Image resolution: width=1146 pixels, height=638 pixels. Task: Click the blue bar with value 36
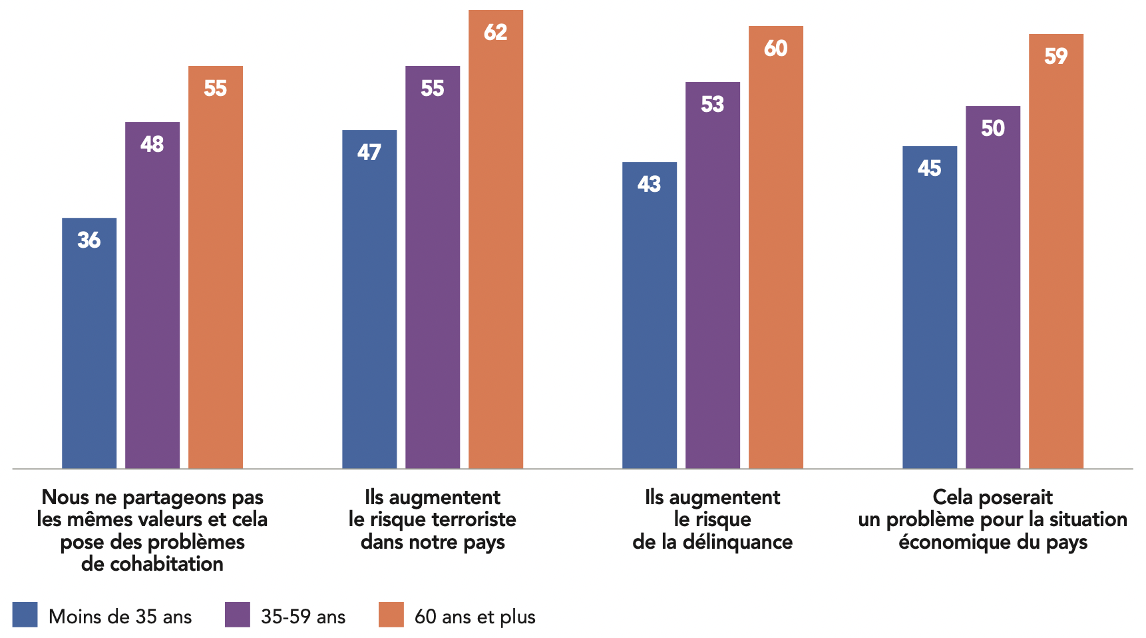pyautogui.click(x=89, y=343)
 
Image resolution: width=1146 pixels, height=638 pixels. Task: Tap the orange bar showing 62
pyautogui.click(x=496, y=240)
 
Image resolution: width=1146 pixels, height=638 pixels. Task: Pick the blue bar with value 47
pyautogui.click(x=369, y=299)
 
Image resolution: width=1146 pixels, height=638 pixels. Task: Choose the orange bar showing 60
pyautogui.click(x=776, y=247)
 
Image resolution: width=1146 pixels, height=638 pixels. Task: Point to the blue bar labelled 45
pyautogui.click(x=930, y=307)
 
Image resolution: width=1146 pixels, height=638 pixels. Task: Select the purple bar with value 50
pyautogui.click(x=993, y=287)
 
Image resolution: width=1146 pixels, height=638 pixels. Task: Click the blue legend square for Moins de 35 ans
pyautogui.click(x=25, y=615)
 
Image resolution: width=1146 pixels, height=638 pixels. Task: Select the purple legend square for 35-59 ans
pyautogui.click(x=238, y=615)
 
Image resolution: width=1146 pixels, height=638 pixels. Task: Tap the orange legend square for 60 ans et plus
pyautogui.click(x=391, y=615)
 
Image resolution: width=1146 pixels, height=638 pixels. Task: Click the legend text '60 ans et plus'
pyautogui.click(x=475, y=617)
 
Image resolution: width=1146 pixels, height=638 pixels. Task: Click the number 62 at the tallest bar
pyautogui.click(x=496, y=32)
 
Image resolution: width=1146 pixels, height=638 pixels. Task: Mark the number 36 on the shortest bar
pyautogui.click(x=89, y=240)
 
